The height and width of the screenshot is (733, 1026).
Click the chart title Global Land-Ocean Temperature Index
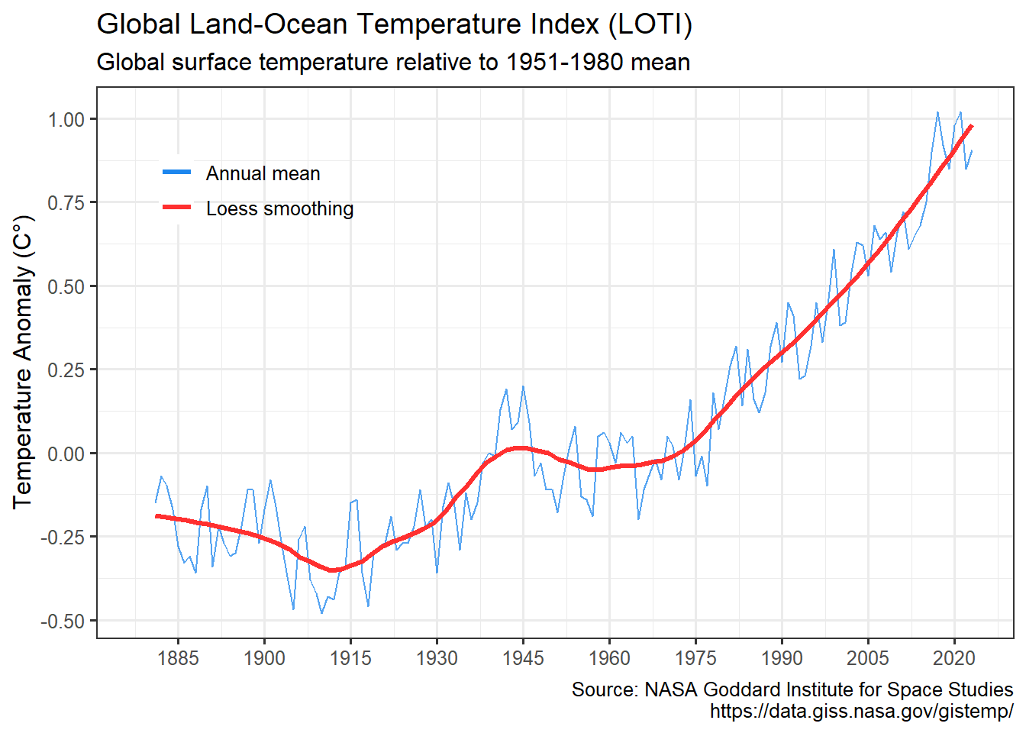(394, 24)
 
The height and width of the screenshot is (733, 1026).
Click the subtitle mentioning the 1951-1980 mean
(393, 62)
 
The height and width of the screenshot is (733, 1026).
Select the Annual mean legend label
(263, 173)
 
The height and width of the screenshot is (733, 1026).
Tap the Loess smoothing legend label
(279, 208)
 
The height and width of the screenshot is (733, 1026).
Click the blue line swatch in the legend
(177, 173)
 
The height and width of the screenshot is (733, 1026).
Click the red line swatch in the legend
(177, 208)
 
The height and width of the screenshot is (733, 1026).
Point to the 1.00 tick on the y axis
(66, 119)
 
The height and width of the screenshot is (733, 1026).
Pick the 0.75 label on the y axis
(66, 202)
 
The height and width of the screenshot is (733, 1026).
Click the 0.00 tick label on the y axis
(66, 454)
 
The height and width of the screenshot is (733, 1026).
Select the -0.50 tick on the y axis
(63, 622)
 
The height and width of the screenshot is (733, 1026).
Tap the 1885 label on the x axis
(178, 657)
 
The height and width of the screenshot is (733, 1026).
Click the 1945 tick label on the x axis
(523, 657)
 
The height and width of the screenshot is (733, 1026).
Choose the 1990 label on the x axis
(782, 657)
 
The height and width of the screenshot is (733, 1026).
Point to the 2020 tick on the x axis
(954, 657)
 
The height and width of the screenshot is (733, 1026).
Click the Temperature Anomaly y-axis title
(24, 362)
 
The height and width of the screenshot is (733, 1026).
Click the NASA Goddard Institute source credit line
(792, 689)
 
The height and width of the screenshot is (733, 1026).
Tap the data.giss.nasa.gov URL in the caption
(861, 711)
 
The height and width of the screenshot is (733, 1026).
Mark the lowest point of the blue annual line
(321, 613)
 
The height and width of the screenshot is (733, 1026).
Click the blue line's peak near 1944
(523, 386)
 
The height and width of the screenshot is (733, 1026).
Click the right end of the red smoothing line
(971, 126)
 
